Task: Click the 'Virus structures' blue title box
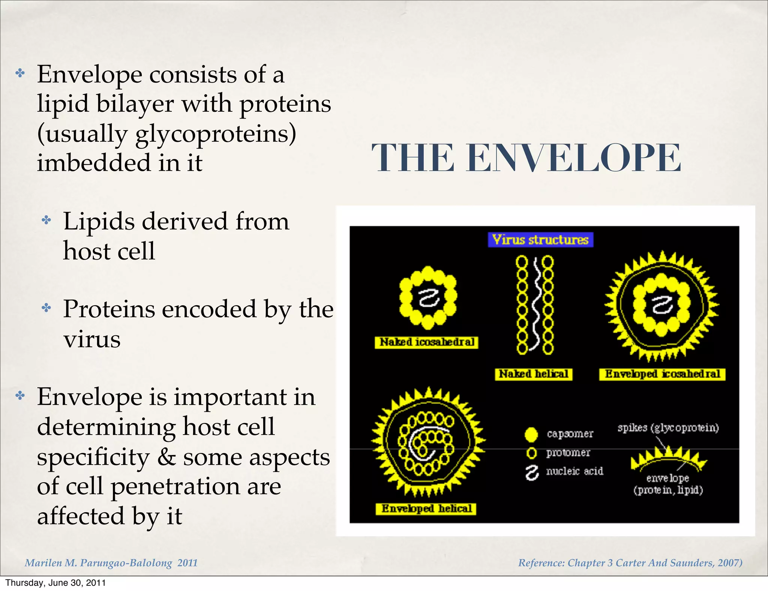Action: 540,240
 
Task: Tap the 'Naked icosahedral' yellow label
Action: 426,342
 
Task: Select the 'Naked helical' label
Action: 533,374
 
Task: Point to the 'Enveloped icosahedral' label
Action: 662,374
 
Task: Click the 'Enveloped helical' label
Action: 426,508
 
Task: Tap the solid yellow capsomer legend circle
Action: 531,434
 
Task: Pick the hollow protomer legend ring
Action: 531,453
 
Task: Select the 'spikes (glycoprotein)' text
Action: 668,427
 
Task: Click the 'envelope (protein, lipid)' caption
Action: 668,484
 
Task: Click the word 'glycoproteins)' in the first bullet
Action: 216,134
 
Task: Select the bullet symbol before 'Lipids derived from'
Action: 46,220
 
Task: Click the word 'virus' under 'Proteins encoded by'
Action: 92,339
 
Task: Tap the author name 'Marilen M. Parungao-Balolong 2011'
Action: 111,562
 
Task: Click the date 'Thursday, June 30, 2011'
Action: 55,583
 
